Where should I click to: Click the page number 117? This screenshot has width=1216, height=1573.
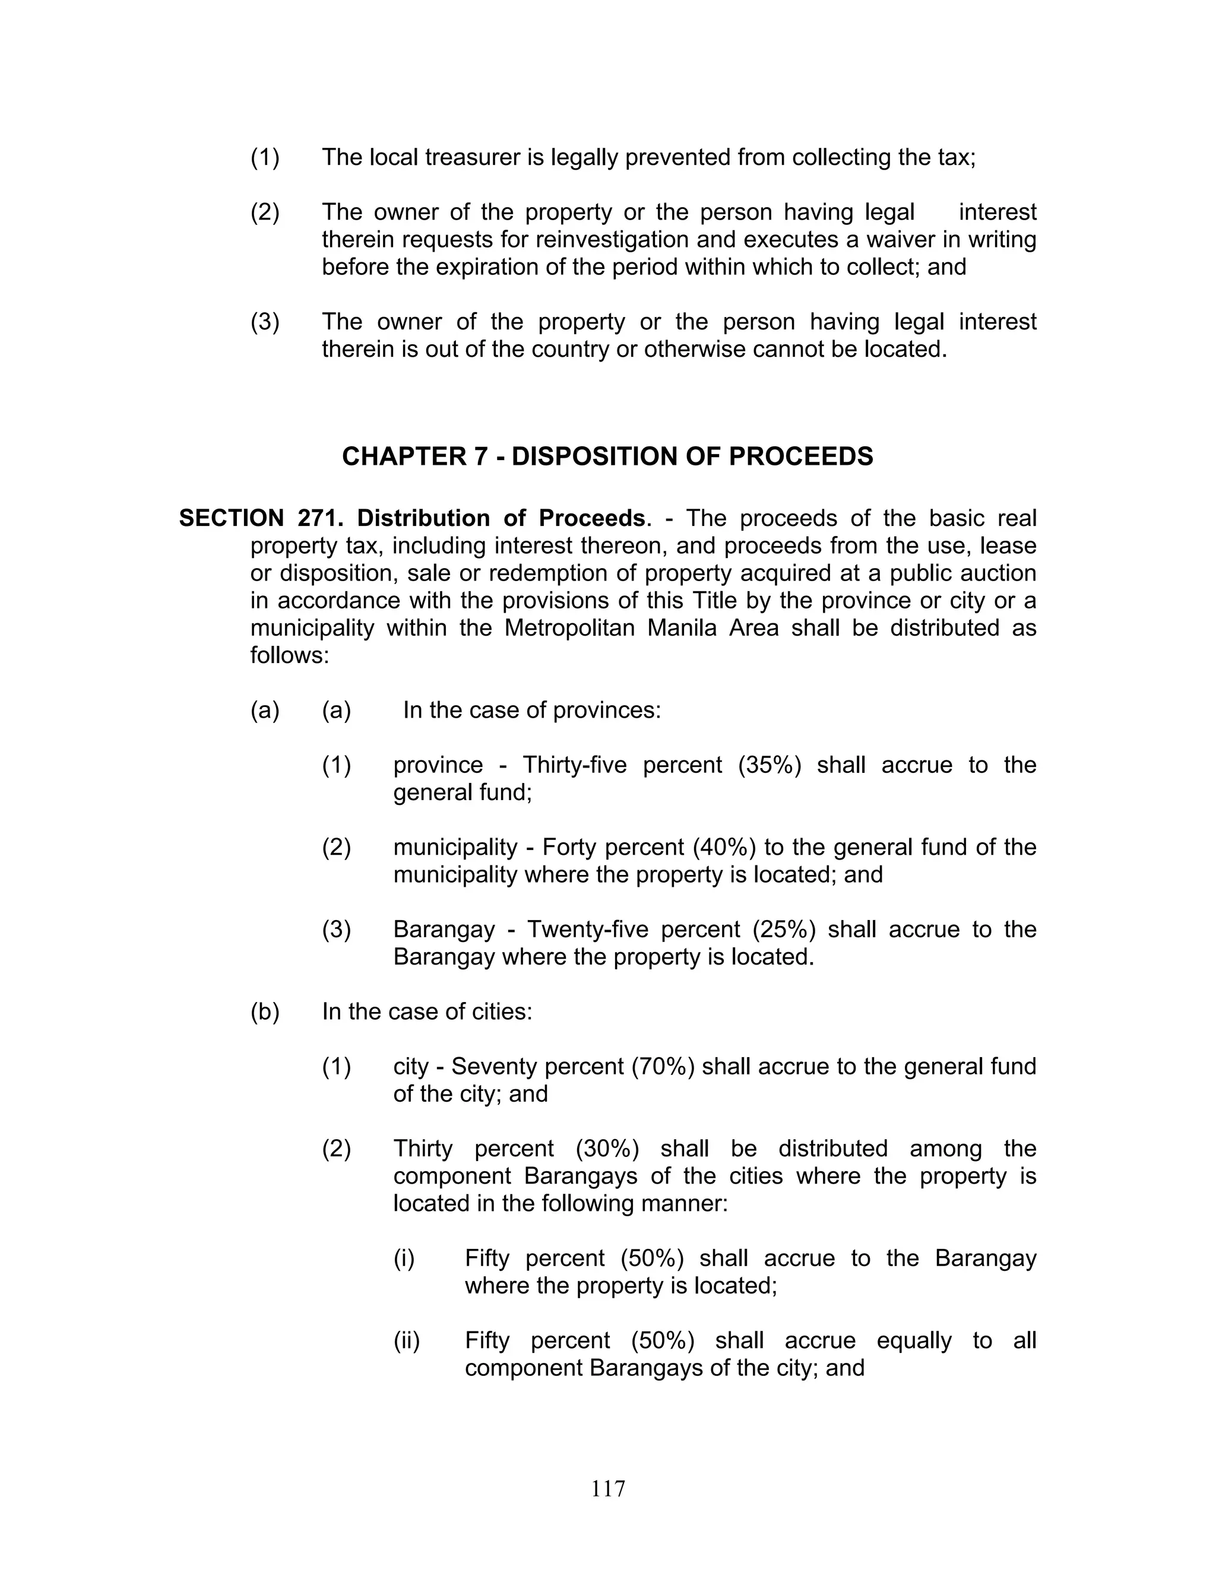608,1488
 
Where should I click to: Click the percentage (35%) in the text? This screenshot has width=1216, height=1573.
769,765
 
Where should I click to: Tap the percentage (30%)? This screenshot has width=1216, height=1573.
607,1148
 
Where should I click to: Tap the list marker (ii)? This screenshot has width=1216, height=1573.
406,1340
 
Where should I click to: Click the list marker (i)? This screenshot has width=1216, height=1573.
404,1258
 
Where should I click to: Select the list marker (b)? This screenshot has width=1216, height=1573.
264,1011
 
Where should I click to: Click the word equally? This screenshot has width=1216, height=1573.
913,1340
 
